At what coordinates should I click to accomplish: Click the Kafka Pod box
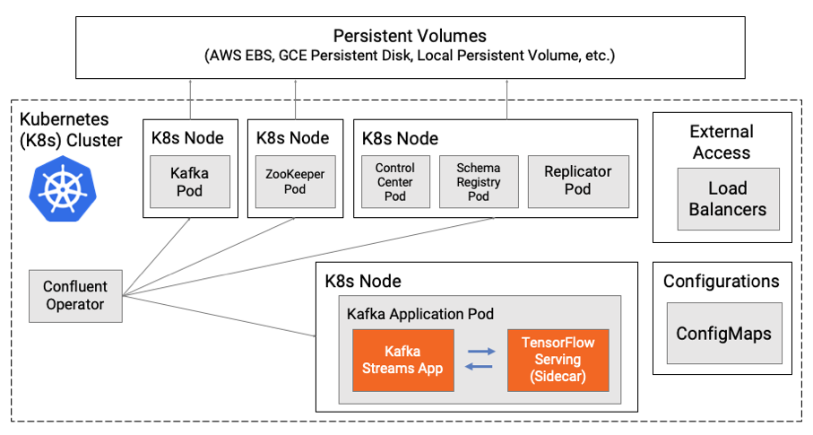[x=189, y=181]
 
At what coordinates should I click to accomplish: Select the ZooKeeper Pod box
[x=294, y=181]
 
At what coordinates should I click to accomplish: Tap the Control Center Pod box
[x=394, y=181]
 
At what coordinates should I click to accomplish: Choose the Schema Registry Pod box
[x=478, y=181]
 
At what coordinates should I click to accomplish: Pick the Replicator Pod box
[x=577, y=181]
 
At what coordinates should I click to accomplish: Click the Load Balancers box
[x=727, y=199]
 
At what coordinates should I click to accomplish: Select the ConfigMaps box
[x=723, y=333]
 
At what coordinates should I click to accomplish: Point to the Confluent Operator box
[x=75, y=296]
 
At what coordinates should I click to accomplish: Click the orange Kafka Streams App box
[x=403, y=360]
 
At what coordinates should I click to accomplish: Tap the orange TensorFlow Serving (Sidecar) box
[x=558, y=360]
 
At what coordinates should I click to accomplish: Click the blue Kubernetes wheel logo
[x=61, y=189]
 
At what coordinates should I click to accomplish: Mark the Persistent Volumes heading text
[x=410, y=37]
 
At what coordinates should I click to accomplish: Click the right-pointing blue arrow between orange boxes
[x=482, y=351]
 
